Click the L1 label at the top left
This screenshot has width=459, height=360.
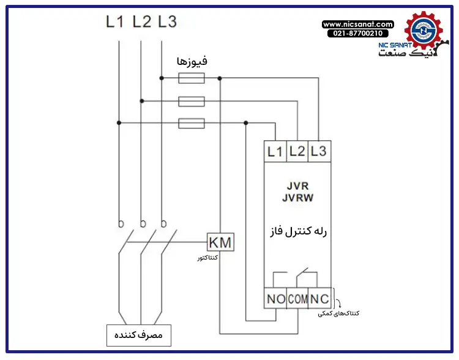click(115, 22)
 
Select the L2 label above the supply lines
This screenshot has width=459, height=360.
click(141, 22)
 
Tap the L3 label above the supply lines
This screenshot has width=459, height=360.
click(167, 22)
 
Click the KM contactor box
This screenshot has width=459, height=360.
click(220, 242)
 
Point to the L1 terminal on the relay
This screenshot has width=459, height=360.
click(275, 151)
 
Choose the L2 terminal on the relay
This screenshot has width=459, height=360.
click(297, 151)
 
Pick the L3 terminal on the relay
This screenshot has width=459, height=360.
click(318, 151)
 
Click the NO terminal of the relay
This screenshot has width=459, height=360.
click(275, 299)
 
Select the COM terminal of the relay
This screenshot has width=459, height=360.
click(297, 299)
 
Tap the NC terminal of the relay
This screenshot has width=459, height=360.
click(319, 299)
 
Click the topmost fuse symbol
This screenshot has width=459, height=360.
click(191, 78)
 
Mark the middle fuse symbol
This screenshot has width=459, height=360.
click(191, 101)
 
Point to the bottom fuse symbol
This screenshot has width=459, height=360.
click(191, 123)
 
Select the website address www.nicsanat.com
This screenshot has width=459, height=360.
click(358, 24)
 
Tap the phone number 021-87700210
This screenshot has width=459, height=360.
click(357, 34)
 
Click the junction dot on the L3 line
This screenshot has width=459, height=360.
click(162, 78)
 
